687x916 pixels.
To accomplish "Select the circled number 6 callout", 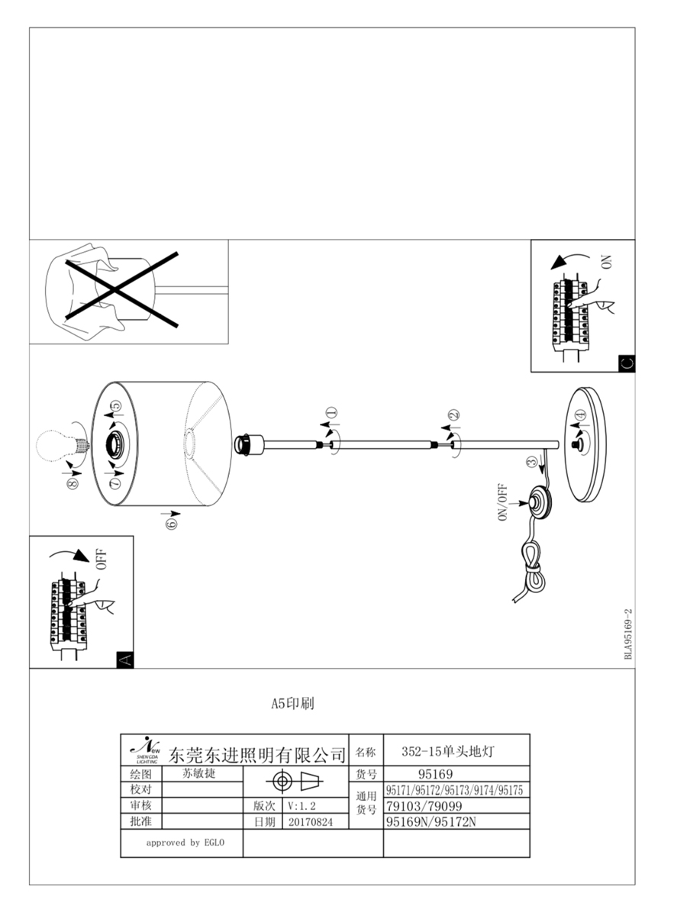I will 170,523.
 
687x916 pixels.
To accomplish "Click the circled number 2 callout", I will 453,417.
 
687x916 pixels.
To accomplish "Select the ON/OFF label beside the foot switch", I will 503,503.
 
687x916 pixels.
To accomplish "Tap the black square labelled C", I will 626,363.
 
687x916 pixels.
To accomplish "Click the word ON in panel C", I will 607,263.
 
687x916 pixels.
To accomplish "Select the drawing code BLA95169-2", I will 628,634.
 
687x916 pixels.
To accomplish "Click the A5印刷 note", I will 292,704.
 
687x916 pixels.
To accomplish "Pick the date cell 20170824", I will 311,822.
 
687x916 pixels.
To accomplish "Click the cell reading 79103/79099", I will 424,806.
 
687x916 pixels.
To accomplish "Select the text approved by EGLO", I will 183,843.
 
